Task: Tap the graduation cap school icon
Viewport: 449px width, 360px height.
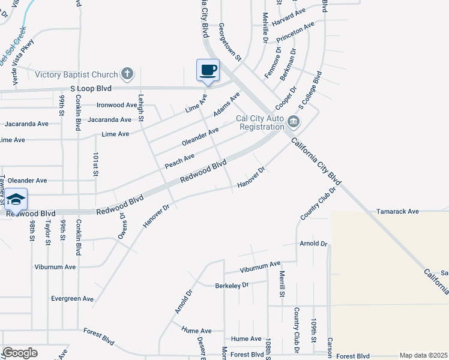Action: point(16,199)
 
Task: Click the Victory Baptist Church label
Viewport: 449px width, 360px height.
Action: point(76,74)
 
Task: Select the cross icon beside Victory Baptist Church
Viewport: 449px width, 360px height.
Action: point(126,74)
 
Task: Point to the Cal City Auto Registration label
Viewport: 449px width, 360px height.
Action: point(260,123)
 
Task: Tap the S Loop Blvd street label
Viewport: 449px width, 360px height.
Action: point(91,88)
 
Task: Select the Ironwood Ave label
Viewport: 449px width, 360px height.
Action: point(116,105)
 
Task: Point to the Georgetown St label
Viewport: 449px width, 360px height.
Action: point(229,43)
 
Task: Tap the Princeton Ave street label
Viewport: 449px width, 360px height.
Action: point(295,34)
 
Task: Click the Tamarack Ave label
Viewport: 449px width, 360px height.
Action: point(397,212)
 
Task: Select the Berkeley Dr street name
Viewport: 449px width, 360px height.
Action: point(232,286)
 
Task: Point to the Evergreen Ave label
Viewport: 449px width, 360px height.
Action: point(72,298)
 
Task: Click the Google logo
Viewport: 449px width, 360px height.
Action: point(20,353)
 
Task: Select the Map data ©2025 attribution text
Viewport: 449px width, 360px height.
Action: point(423,355)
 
